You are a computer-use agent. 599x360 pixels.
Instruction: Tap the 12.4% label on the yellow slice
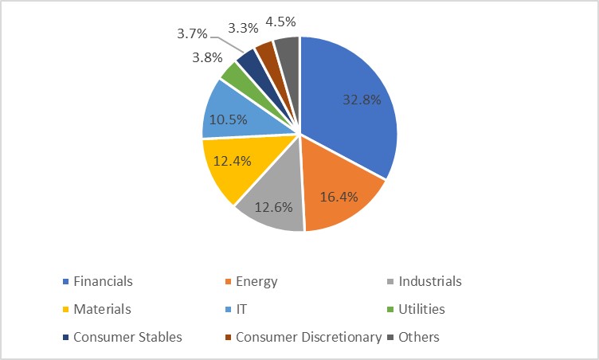[233, 160]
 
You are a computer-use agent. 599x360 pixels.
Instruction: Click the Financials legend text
[103, 281]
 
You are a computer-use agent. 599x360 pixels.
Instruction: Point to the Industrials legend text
[431, 281]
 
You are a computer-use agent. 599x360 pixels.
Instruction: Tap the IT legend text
[242, 308]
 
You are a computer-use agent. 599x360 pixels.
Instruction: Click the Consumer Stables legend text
[127, 336]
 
